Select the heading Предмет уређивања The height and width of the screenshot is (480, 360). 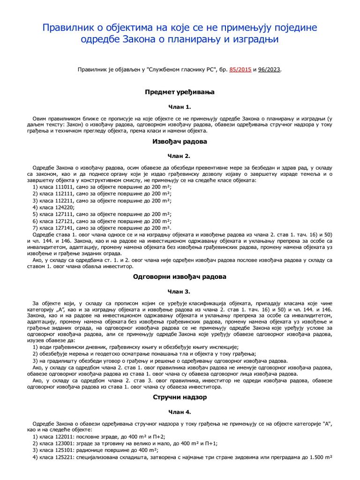pyautogui.click(x=180, y=92)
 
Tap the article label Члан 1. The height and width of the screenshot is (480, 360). pyautogui.click(x=180, y=107)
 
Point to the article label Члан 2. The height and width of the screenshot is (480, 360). pyautogui.click(x=180, y=156)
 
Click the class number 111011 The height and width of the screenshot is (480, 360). pyautogui.click(x=66, y=187)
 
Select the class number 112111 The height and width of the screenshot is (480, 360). pyautogui.click(x=66, y=194)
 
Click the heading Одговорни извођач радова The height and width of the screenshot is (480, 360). pyautogui.click(x=180, y=277)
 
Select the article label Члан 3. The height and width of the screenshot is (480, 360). pyautogui.click(x=180, y=292)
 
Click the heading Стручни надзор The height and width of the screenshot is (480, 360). pyautogui.click(x=180, y=397)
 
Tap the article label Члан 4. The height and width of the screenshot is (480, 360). pyautogui.click(x=180, y=412)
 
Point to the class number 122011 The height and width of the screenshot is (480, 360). pyautogui.click(x=66, y=436)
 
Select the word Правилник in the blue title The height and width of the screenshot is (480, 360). pyautogui.click(x=70, y=28)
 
